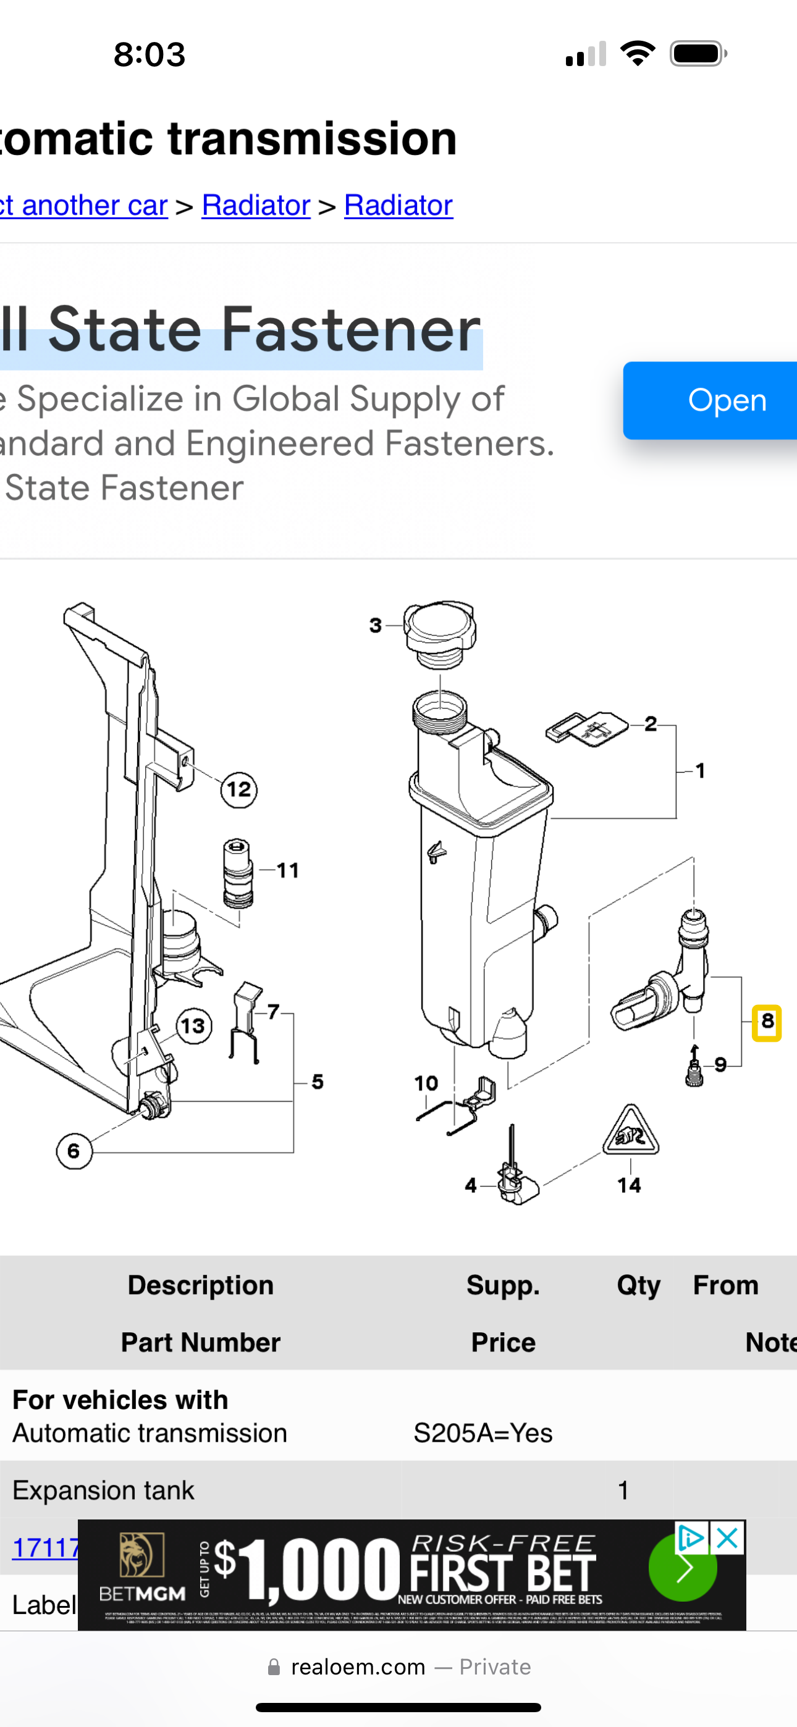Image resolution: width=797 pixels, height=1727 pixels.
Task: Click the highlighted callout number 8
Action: point(767,1022)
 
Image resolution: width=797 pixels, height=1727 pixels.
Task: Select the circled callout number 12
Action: point(239,789)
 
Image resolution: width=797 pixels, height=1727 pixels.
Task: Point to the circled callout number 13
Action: point(194,1026)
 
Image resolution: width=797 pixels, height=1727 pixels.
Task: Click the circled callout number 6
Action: point(74,1151)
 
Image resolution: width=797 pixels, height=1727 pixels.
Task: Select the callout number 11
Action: point(288,870)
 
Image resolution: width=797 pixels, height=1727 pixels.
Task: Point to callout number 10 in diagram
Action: point(426,1083)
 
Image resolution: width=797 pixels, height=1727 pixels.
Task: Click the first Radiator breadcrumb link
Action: point(256,205)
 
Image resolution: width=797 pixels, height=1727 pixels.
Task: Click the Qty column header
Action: point(638,1285)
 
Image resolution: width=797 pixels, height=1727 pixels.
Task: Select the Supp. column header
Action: point(502,1285)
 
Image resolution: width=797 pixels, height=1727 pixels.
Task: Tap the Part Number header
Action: point(201,1342)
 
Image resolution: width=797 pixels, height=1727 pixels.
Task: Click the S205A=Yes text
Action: point(483,1433)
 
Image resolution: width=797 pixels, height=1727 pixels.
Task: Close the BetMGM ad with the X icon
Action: point(728,1538)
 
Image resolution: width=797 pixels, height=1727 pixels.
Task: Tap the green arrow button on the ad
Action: point(682,1568)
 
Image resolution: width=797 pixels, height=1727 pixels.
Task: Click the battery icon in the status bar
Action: point(697,54)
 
